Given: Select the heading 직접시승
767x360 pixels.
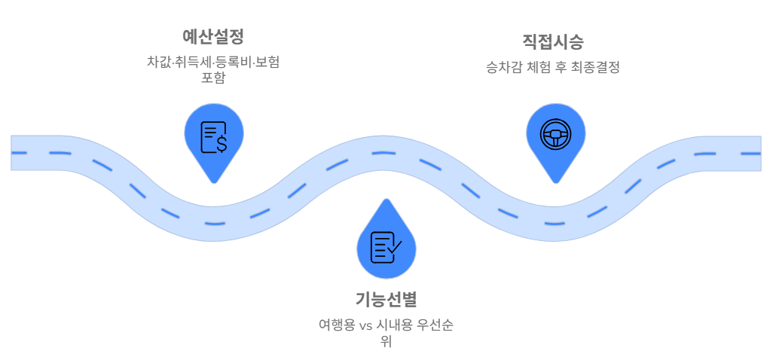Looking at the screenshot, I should (553, 41).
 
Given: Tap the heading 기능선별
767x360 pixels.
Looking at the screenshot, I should (386, 299).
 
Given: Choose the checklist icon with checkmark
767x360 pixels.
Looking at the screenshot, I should (386, 247).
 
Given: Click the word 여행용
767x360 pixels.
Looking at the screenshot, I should (336, 325).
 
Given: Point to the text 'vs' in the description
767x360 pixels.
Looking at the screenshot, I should (366, 325).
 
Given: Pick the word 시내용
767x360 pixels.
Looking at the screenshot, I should (395, 325).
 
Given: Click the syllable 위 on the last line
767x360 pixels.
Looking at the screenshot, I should (386, 342).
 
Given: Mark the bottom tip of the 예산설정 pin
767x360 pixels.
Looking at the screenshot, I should (214, 182).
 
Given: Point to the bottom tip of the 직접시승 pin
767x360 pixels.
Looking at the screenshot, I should (556, 182).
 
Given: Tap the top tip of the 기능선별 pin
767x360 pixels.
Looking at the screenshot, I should (386, 200).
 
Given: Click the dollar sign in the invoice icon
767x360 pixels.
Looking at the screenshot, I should (221, 142).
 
